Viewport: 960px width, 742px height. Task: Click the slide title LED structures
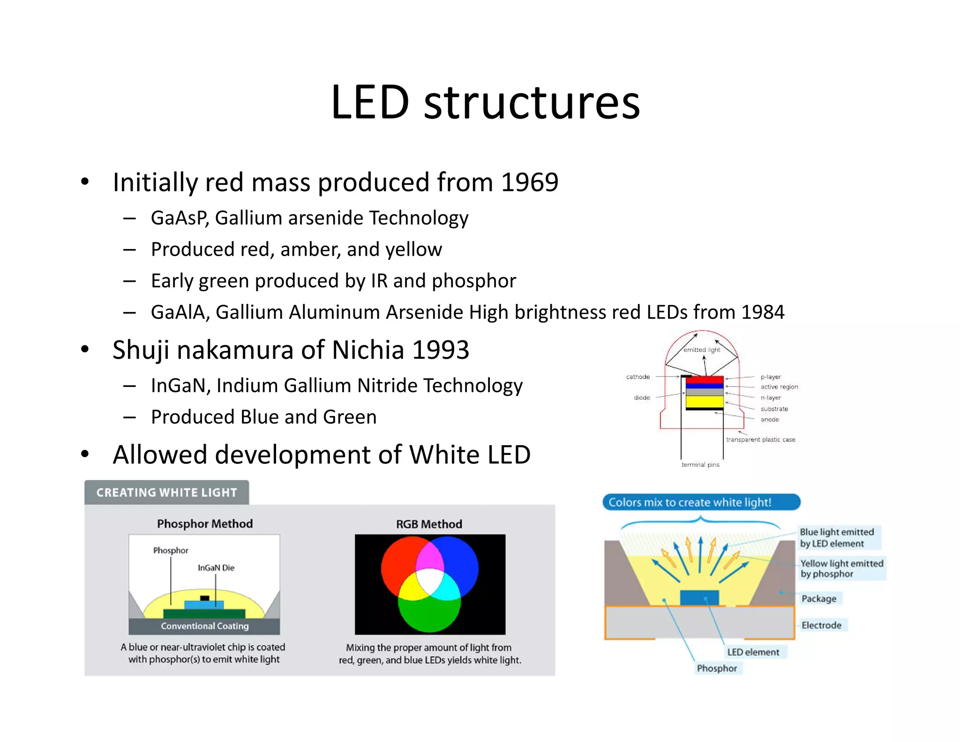tap(485, 102)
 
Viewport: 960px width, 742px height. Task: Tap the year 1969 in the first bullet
tap(529, 182)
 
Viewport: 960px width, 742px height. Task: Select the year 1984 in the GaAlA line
tap(763, 312)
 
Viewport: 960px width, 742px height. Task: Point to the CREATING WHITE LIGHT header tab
tap(166, 492)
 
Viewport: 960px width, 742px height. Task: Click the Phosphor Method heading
tap(205, 524)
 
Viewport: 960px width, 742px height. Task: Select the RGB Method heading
tap(429, 524)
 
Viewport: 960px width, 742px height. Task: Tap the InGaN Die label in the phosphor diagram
tap(216, 568)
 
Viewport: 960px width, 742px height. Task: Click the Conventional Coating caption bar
tap(204, 626)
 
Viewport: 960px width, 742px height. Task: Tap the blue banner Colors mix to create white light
tap(701, 502)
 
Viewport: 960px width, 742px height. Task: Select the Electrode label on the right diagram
tap(821, 625)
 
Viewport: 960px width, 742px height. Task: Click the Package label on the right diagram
tap(819, 599)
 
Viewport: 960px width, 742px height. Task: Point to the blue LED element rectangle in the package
tap(699, 597)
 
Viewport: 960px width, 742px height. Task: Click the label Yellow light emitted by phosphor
tap(841, 568)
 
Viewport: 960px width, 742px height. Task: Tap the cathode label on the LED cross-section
tap(637, 377)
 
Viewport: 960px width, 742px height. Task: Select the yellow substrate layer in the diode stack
tap(704, 401)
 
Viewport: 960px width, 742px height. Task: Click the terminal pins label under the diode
tap(700, 465)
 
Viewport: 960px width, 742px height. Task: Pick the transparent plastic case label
tap(760, 440)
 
